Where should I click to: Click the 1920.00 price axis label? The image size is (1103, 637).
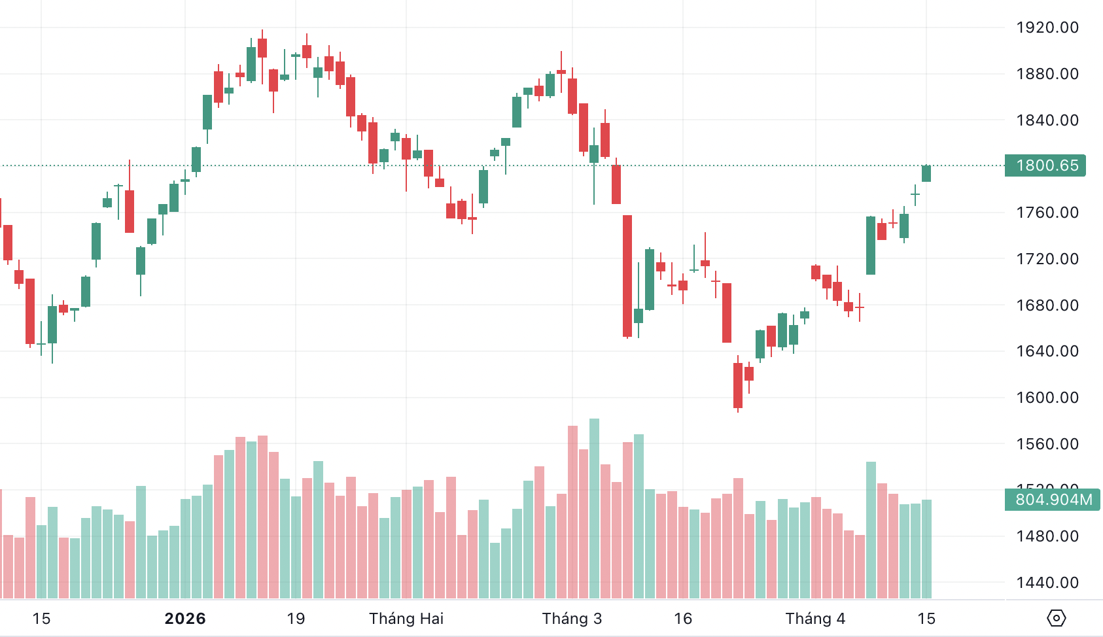(x=1047, y=27)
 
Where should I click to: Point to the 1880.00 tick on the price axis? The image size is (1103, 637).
(x=1047, y=74)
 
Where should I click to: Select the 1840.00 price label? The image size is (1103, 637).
(x=1047, y=120)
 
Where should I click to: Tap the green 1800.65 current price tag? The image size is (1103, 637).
(x=1046, y=165)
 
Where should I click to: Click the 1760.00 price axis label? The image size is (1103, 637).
(x=1047, y=213)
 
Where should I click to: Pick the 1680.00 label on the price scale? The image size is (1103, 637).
(x=1047, y=305)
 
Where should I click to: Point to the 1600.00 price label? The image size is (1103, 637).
(x=1047, y=398)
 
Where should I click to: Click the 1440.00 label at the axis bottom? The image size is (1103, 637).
(x=1047, y=583)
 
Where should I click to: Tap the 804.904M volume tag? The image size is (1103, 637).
(x=1053, y=500)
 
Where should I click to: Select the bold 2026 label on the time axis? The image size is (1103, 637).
(x=185, y=619)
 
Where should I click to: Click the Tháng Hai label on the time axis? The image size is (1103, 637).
(x=406, y=619)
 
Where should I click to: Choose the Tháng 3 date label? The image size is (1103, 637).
(x=572, y=619)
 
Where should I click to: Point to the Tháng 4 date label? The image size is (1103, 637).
(x=815, y=619)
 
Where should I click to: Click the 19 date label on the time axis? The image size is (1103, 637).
(x=296, y=619)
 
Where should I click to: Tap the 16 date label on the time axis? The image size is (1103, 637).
(x=683, y=619)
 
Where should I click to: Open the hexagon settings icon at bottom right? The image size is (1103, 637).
(x=1057, y=618)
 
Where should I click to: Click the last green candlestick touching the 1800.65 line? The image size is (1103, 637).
(x=926, y=173)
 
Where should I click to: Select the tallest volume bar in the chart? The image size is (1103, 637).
(x=594, y=509)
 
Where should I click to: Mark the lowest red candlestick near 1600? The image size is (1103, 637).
(x=738, y=386)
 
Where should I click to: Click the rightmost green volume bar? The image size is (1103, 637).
(x=926, y=549)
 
